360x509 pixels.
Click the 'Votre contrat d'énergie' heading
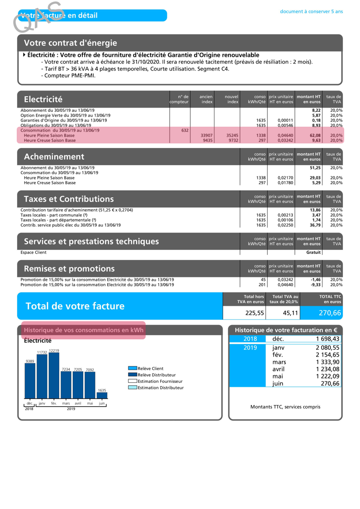point(71,43)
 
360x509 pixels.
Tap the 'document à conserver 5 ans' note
point(311,10)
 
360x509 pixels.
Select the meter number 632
point(185,130)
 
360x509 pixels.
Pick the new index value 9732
point(232,140)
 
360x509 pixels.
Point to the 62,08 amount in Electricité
point(314,135)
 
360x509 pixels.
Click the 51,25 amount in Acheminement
point(314,168)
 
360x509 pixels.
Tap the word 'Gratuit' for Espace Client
point(313,252)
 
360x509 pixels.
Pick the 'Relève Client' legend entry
point(149,369)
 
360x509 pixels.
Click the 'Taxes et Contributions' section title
point(69,199)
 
